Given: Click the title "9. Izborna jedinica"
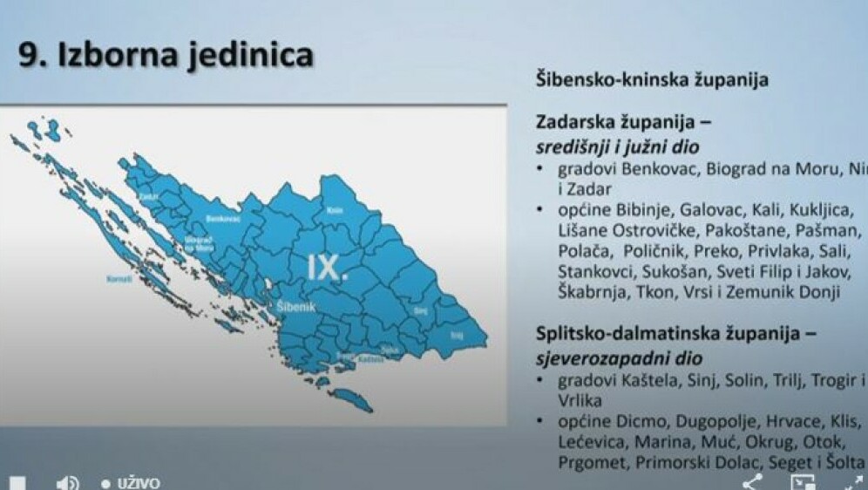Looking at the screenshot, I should [x=166, y=56].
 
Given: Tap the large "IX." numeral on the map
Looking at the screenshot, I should [x=328, y=268].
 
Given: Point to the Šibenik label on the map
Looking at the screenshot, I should [x=294, y=308].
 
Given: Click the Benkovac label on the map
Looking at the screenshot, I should [x=223, y=220].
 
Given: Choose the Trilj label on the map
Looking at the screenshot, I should [x=457, y=335].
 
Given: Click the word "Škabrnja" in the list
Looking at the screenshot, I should [x=589, y=293].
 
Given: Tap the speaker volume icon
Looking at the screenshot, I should [x=67, y=482].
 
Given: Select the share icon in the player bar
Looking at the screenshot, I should [x=752, y=482].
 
